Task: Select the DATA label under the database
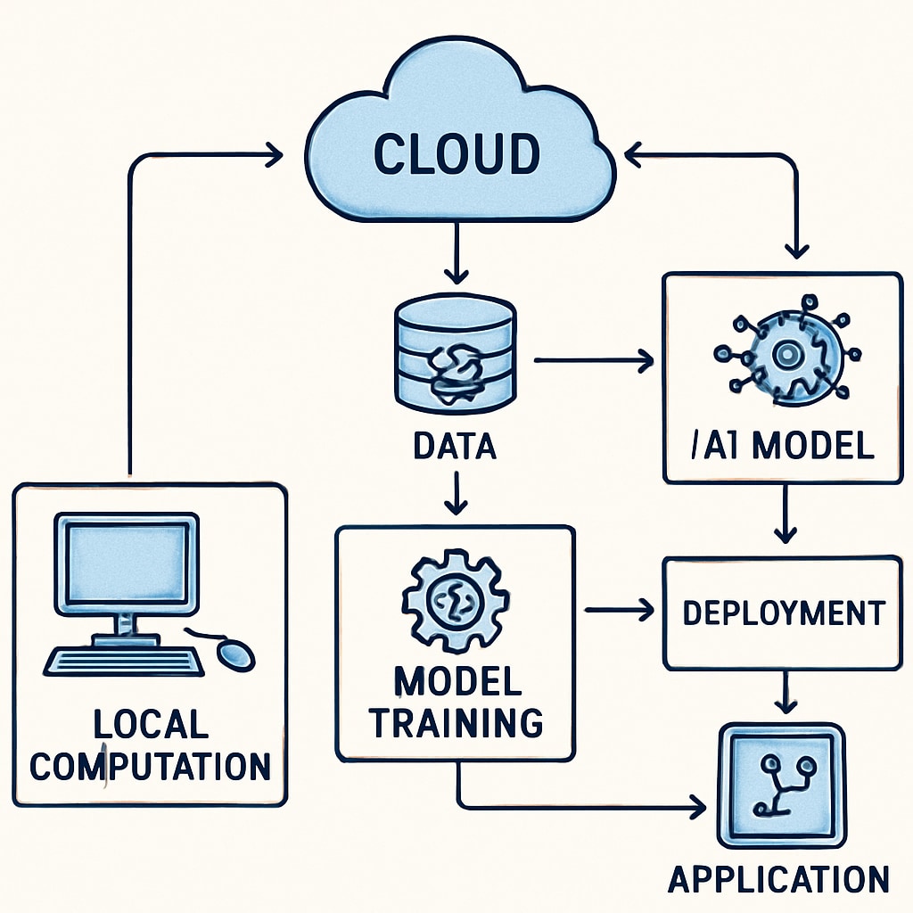tap(455, 445)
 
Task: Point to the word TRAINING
tap(456, 722)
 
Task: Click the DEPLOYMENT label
tap(783, 613)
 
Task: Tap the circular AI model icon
tap(785, 355)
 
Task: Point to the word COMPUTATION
tap(150, 766)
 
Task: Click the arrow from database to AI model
tap(593, 360)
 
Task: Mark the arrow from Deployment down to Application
tap(784, 692)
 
